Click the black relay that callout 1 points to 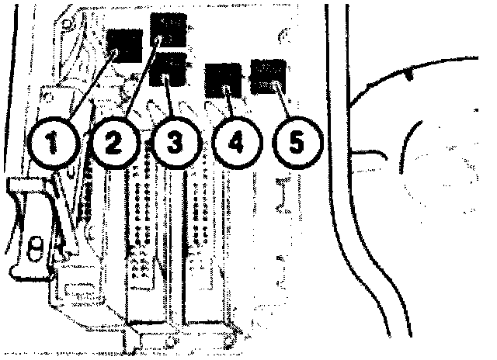pyautogui.click(x=124, y=46)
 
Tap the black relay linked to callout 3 pyautogui.click(x=172, y=71)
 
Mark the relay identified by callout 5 pyautogui.click(x=269, y=75)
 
